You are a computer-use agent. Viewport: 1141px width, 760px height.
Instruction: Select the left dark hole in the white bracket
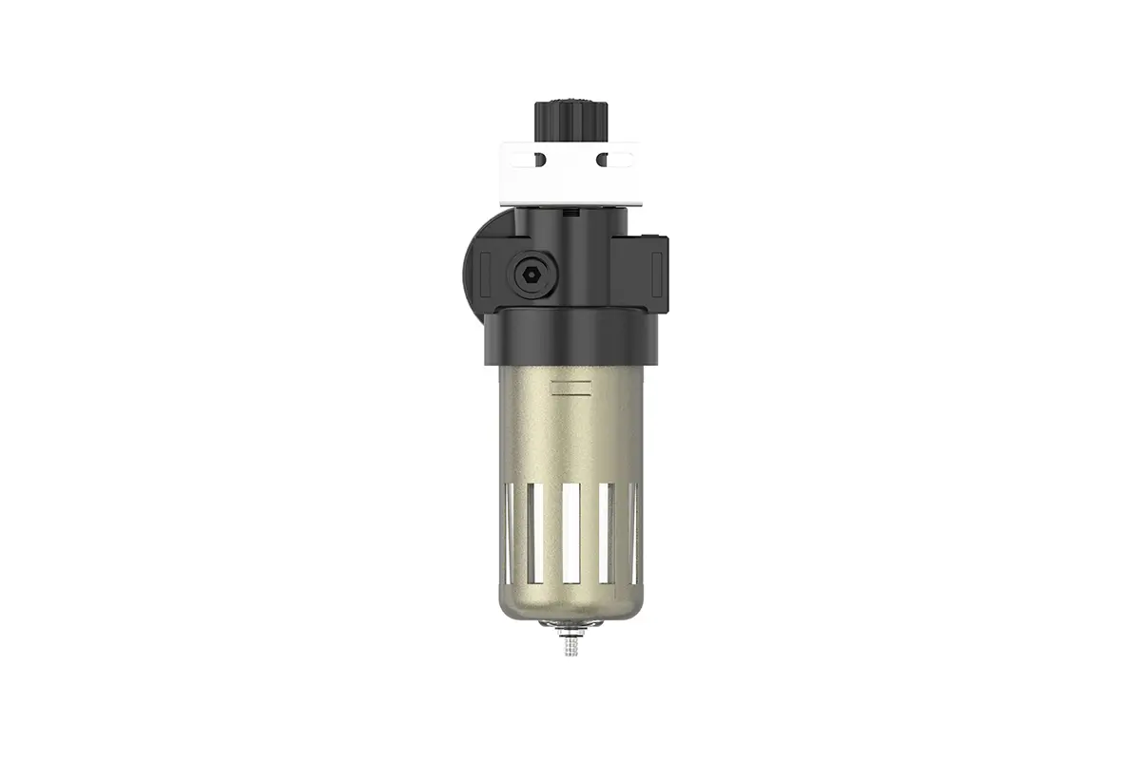pyautogui.click(x=539, y=160)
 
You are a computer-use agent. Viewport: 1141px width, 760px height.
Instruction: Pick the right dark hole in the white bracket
pyautogui.click(x=602, y=160)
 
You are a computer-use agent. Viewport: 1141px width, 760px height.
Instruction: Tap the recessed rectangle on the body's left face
pyautogui.click(x=486, y=273)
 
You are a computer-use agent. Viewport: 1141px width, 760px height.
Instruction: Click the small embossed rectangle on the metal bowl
pyautogui.click(x=570, y=387)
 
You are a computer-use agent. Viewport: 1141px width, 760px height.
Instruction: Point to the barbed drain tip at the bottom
pyautogui.click(x=570, y=647)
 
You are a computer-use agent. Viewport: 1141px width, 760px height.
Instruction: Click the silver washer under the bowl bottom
pyautogui.click(x=570, y=625)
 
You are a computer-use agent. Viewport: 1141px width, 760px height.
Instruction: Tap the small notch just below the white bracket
pyautogui.click(x=568, y=215)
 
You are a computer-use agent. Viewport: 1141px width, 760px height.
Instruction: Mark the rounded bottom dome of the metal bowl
pyautogui.click(x=570, y=603)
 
